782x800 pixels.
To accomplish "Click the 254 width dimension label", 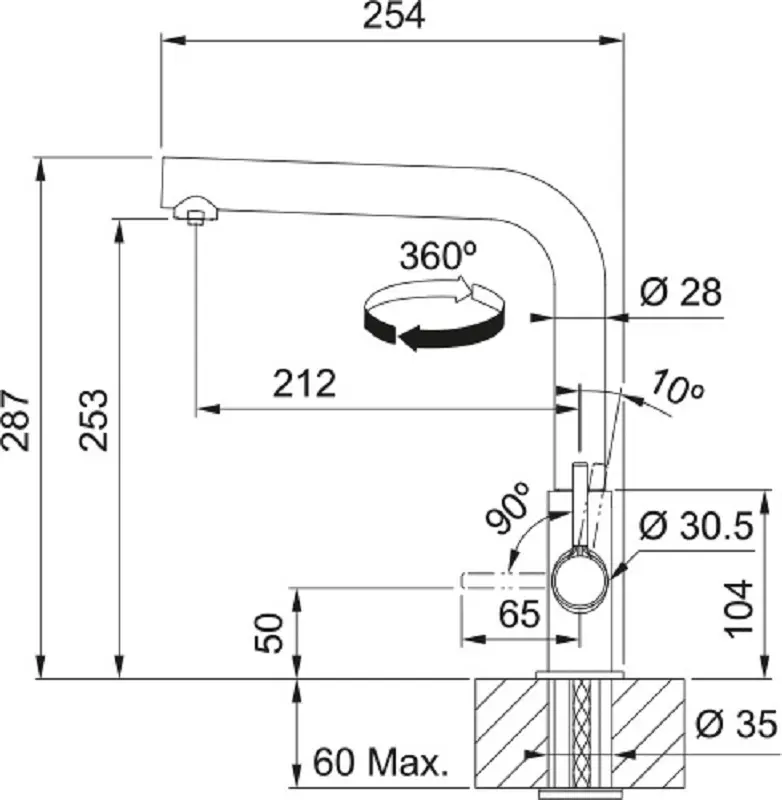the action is click(x=393, y=16).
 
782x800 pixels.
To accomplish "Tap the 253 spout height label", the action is click(x=94, y=420).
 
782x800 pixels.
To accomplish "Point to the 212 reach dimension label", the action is click(x=305, y=383).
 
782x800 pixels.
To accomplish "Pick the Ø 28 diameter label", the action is click(x=681, y=292).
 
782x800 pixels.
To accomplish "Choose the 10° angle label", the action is click(x=678, y=388).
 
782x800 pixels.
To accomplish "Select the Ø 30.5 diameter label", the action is click(x=696, y=526).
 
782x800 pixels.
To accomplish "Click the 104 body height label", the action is click(x=739, y=609).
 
